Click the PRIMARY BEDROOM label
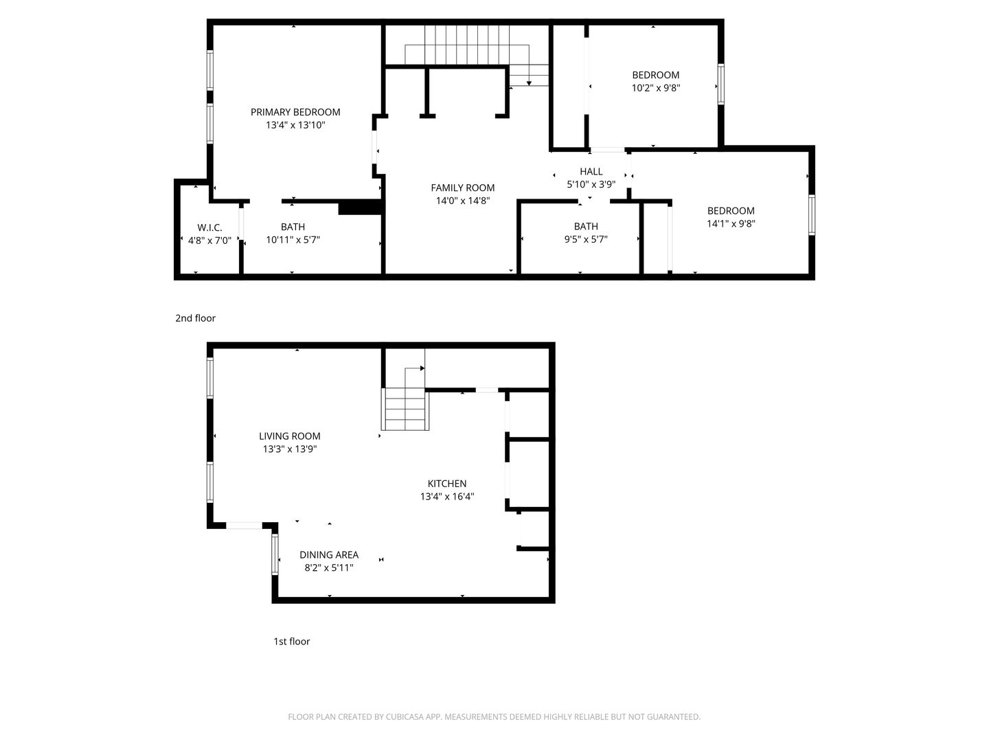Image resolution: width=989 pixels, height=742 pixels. click(295, 112)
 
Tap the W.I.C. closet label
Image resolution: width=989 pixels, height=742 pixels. click(209, 227)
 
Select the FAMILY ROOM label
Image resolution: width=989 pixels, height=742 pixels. click(462, 188)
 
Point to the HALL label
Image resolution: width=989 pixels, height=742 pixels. click(591, 172)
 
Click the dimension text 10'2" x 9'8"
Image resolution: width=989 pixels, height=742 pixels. click(656, 88)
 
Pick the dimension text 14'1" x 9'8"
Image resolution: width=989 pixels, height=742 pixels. click(731, 223)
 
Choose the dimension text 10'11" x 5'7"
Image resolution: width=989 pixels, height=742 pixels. click(293, 240)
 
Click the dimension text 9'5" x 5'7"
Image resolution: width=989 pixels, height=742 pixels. click(586, 239)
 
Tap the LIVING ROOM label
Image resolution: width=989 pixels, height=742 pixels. click(290, 436)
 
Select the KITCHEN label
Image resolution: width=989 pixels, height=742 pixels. click(447, 484)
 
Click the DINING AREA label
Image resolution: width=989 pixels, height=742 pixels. click(329, 554)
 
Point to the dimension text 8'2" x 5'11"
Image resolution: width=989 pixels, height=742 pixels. click(329, 567)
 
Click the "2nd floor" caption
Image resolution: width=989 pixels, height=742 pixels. click(195, 318)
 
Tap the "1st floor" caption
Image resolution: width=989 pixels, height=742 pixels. click(291, 641)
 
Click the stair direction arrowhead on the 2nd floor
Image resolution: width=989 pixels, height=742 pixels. click(529, 83)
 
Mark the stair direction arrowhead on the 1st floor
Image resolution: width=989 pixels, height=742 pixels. click(422, 368)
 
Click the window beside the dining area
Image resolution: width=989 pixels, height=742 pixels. click(275, 554)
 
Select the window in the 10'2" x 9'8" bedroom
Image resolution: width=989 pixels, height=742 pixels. click(720, 85)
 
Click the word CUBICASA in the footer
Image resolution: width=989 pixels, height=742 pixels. click(405, 717)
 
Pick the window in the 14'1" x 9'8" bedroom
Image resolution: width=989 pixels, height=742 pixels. click(812, 214)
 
